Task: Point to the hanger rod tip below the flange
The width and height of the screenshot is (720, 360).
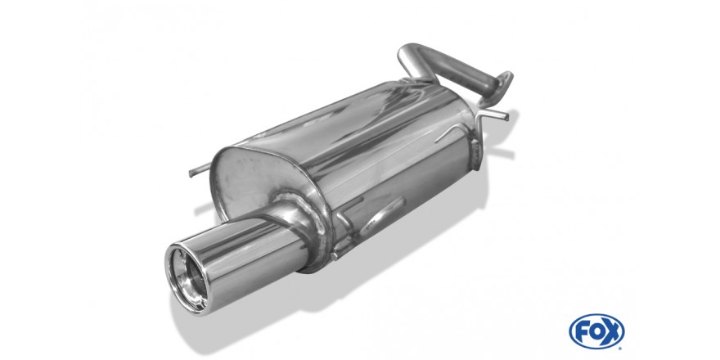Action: [506, 117]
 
